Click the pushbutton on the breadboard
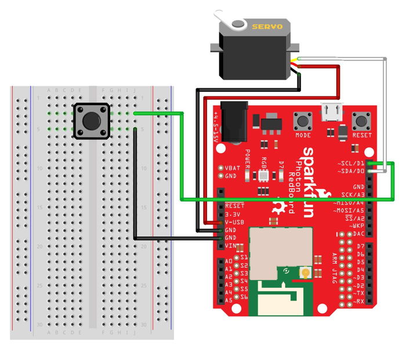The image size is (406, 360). click(x=91, y=121)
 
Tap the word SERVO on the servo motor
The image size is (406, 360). click(x=267, y=26)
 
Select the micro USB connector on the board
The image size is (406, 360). click(x=331, y=111)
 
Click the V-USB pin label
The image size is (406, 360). click(x=235, y=222)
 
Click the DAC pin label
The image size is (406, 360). click(x=360, y=234)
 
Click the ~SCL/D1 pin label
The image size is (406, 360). click(x=352, y=163)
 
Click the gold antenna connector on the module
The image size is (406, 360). click(x=303, y=273)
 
